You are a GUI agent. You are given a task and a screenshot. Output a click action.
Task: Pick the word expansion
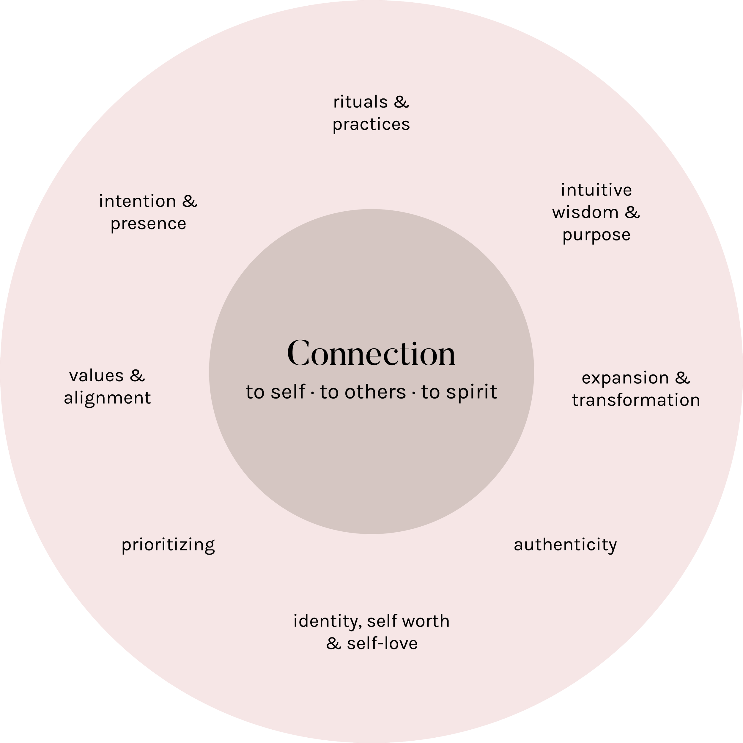click(625, 378)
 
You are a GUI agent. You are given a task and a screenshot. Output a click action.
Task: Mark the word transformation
click(636, 400)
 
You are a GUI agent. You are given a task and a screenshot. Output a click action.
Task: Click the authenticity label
click(565, 545)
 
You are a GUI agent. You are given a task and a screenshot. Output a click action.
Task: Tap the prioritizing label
click(168, 545)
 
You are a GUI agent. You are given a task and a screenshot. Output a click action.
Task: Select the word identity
click(328, 621)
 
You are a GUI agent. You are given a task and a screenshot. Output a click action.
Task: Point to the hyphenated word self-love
click(382, 643)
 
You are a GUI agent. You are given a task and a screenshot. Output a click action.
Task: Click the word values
click(96, 376)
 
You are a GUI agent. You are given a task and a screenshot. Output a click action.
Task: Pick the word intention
click(137, 201)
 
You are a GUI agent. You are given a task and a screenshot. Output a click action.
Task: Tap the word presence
click(148, 224)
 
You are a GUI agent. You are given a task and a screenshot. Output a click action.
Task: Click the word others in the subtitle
click(375, 392)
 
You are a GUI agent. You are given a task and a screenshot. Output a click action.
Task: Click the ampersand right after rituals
click(401, 102)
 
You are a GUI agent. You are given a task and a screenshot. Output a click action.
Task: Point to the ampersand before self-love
click(333, 643)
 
